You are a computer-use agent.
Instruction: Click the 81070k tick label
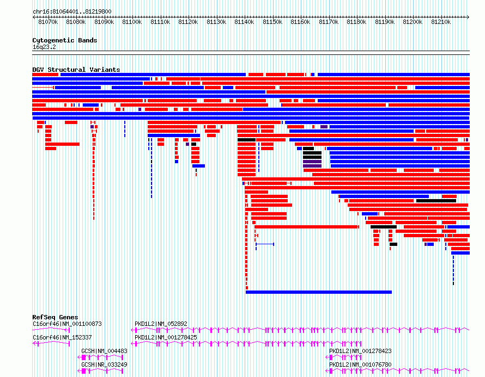click(48, 22)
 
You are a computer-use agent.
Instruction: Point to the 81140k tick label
click(244, 22)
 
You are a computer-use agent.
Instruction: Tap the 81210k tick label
click(441, 22)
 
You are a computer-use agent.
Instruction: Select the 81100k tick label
click(132, 22)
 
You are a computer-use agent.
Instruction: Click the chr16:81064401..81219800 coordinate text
click(72, 11)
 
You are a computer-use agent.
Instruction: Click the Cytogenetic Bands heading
click(65, 40)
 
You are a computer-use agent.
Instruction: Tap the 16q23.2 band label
click(44, 47)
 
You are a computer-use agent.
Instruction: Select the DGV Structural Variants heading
click(76, 70)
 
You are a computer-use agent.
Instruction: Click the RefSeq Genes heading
click(55, 317)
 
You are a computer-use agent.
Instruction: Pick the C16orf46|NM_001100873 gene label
click(67, 324)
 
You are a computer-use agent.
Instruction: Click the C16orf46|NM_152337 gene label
click(62, 337)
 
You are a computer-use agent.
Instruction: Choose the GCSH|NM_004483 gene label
click(104, 351)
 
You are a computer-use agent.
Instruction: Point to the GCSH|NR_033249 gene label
click(104, 364)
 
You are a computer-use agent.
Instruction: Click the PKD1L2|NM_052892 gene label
click(161, 324)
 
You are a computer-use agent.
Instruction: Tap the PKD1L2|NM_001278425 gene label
click(166, 337)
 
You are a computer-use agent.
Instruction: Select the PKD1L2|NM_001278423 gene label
click(360, 351)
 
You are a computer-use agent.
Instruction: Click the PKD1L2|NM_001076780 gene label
click(360, 364)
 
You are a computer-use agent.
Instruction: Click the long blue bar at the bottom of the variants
click(319, 292)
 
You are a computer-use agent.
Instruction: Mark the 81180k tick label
click(356, 22)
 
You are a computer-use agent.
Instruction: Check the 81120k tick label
click(188, 22)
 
